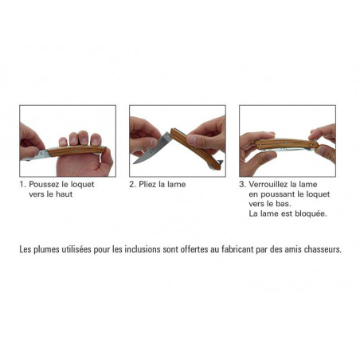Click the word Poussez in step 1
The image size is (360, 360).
coord(44,184)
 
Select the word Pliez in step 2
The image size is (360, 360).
coord(147,184)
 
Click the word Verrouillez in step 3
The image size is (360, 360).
coord(268,184)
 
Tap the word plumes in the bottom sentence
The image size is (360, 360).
coord(46,250)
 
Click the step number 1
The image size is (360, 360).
coord(22,184)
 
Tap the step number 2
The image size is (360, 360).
coord(132,184)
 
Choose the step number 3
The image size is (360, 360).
coord(242,184)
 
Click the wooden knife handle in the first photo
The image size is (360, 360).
coord(76,151)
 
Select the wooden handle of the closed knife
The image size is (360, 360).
coord(286,144)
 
